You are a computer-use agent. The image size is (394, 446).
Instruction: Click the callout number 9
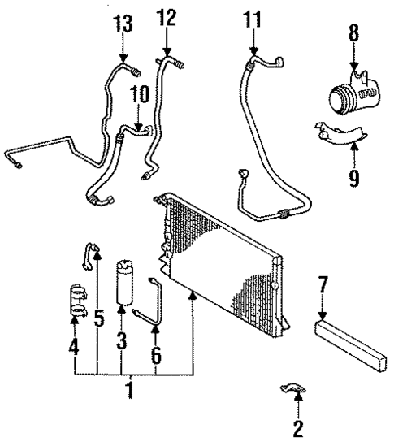354,177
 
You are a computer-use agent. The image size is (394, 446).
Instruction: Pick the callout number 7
323,285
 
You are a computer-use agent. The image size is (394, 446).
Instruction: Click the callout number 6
156,354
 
